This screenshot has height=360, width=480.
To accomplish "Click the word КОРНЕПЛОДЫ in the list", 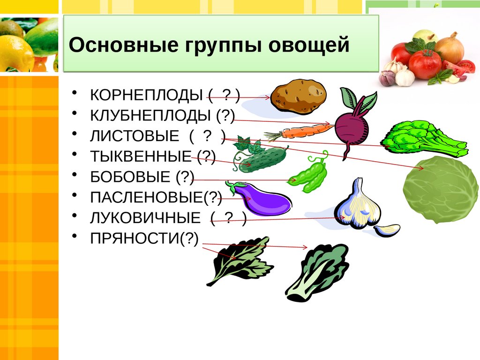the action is [146, 95].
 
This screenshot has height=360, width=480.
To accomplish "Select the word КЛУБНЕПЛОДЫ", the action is [150, 115].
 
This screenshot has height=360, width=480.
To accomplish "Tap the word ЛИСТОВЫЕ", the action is [135, 136].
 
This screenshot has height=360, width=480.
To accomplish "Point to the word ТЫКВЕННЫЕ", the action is [141, 157].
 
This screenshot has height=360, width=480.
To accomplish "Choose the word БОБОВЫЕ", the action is [130, 177].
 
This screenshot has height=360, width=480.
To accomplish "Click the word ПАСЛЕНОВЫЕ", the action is [147, 197].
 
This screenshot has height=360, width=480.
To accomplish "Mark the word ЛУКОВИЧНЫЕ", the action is [145, 218].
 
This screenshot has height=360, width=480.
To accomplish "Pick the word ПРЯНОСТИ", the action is [135, 239].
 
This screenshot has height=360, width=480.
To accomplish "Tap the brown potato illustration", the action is [299, 96].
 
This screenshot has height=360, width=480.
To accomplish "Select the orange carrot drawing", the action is [300, 132].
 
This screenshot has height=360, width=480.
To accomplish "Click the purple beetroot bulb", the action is [352, 127].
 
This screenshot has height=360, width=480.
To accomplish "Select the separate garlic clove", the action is [387, 230].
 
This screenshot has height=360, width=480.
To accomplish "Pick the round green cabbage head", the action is [440, 189].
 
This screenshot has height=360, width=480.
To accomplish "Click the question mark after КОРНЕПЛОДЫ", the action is [227, 95].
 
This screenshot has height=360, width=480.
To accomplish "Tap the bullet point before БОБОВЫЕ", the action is [75, 174].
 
